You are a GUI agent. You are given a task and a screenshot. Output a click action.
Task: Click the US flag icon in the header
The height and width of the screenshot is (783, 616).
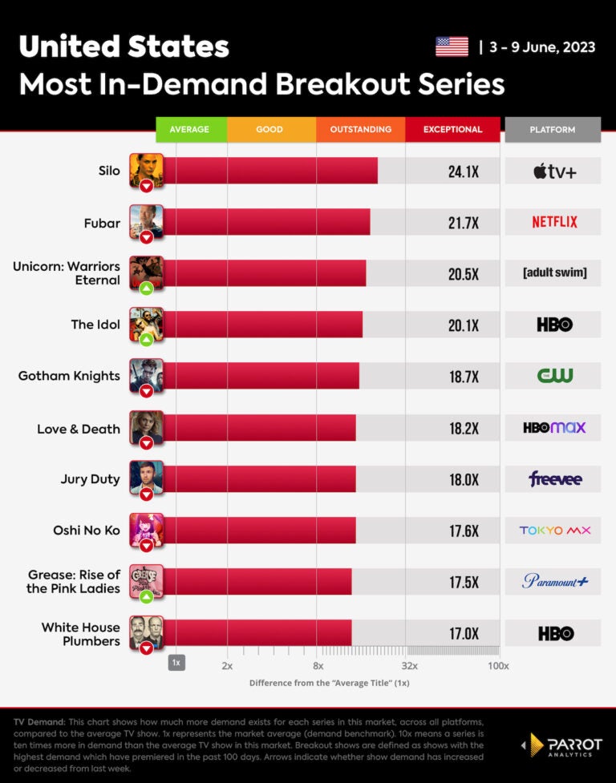pos(452,46)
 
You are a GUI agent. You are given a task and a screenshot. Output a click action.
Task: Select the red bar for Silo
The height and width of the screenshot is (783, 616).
pos(270,171)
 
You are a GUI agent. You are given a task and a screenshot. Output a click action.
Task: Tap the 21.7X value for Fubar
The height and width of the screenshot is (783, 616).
pos(464,223)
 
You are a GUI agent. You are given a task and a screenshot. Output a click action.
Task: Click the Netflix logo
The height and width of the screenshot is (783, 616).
pos(554,222)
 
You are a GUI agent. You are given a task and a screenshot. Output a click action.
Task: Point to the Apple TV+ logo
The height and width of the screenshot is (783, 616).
pos(554,171)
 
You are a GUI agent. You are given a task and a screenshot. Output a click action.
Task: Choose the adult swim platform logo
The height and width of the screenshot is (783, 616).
pos(554,273)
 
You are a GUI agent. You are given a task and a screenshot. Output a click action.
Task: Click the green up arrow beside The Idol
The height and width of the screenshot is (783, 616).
pos(146,339)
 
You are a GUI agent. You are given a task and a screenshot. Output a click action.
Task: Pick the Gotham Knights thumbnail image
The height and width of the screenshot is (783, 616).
pos(147,373)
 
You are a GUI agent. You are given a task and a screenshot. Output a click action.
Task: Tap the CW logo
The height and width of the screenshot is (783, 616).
pos(554,375)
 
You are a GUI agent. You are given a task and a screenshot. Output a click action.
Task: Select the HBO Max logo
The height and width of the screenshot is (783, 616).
pos(554,427)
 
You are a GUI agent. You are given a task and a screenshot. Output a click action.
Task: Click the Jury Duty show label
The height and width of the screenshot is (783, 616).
pos(90,479)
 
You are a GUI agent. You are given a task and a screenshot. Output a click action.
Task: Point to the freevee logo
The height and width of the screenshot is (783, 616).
pos(554,479)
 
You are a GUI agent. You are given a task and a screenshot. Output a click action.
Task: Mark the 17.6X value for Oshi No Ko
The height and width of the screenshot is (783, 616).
pos(464,531)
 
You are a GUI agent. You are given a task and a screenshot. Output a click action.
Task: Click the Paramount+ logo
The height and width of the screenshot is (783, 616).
pos(554,581)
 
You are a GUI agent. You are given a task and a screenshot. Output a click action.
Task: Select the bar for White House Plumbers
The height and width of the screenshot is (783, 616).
pos(257,633)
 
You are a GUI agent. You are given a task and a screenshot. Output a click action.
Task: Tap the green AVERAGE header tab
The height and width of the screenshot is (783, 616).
pos(190,129)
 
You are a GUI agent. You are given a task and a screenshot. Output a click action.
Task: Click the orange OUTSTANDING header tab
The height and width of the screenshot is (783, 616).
pos(361,129)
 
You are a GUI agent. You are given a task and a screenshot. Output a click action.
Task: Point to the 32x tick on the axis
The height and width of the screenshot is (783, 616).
pos(409,666)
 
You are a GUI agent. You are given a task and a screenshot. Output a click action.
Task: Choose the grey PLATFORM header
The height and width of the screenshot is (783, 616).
pos(553,129)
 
